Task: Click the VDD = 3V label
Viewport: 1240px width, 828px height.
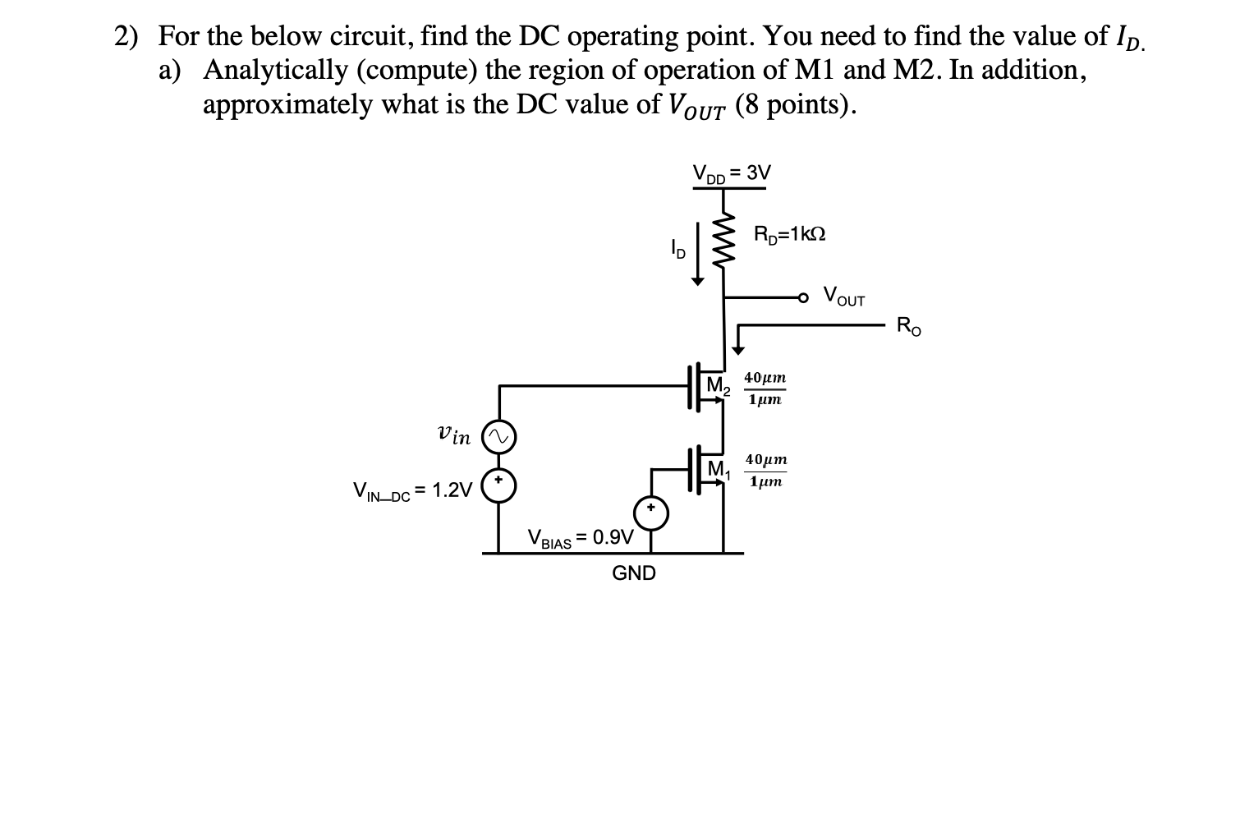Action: click(732, 173)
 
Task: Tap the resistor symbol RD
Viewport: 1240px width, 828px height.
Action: click(723, 240)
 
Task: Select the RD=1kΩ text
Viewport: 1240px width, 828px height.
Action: click(789, 234)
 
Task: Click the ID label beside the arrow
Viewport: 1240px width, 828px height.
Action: click(677, 246)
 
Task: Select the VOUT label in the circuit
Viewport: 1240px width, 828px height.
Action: click(843, 296)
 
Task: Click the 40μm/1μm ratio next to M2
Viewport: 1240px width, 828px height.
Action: click(765, 389)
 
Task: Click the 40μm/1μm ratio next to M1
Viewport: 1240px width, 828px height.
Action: click(765, 471)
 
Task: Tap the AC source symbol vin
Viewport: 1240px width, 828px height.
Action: click(498, 437)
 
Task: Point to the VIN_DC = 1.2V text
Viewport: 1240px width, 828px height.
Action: click(412, 491)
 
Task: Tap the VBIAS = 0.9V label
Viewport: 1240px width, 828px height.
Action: click(581, 539)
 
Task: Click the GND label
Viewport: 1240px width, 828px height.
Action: click(634, 573)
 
